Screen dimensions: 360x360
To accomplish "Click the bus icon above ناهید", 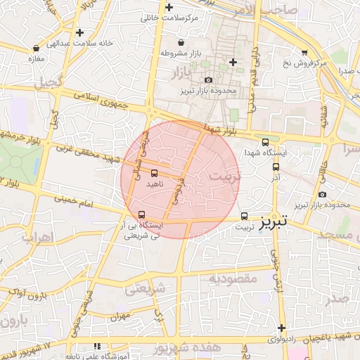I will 154,173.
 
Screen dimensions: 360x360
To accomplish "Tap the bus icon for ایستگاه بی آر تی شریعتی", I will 143,214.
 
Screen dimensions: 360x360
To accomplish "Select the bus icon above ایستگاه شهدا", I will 264,141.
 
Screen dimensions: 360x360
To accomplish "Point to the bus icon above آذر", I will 276,167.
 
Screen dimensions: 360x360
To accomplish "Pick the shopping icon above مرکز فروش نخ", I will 304,52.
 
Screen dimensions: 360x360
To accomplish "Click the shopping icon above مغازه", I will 37,48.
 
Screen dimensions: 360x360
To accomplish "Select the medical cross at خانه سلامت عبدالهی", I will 79,32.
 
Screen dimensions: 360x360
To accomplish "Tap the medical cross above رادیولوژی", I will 281,328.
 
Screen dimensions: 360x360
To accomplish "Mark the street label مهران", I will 120,316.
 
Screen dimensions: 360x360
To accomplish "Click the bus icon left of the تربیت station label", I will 245,216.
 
